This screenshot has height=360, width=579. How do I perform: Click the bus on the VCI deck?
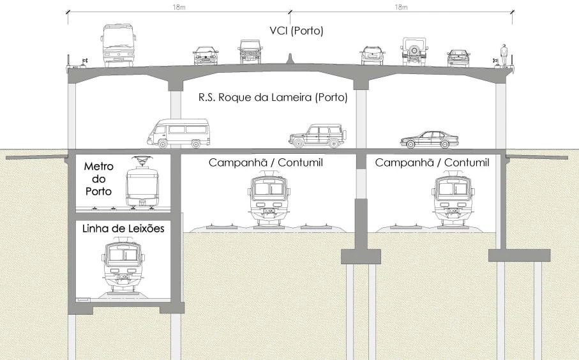click(x=118, y=45)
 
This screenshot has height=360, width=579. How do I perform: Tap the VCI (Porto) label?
click(x=297, y=31)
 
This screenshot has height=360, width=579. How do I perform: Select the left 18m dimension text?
click(x=179, y=7)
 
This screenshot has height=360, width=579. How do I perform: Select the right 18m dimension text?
click(x=401, y=7)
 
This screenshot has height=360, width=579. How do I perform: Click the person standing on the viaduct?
click(x=504, y=54)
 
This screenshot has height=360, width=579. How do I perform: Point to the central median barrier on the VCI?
click(x=290, y=61)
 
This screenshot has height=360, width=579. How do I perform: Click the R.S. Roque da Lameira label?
click(x=273, y=98)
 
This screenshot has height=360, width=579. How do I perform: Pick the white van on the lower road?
click(x=178, y=133)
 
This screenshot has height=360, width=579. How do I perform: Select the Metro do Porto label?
click(x=98, y=179)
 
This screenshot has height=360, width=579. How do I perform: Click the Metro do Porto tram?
click(x=144, y=185)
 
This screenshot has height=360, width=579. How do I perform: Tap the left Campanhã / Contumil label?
click(x=266, y=163)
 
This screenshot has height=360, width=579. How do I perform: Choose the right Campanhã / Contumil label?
click(x=432, y=163)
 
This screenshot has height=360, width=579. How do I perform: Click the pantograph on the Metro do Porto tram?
click(x=144, y=160)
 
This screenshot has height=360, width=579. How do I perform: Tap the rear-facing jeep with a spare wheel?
click(x=414, y=51)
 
